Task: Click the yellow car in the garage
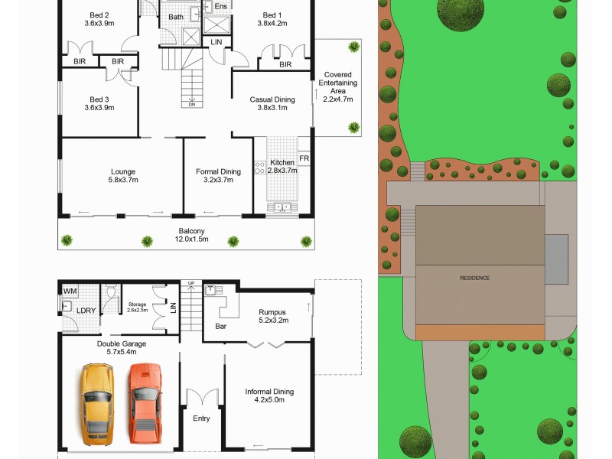97,404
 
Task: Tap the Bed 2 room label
99,19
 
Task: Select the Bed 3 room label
99,103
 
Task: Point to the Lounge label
122,176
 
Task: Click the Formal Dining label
219,176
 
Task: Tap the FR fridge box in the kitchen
304,158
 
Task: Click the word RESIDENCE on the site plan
474,278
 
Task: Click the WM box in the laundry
70,291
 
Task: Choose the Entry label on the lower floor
201,418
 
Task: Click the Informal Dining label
269,396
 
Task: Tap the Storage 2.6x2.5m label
138,307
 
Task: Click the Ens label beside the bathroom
221,7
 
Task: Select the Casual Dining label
272,103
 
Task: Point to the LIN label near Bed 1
216,41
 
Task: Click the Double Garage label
121,348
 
